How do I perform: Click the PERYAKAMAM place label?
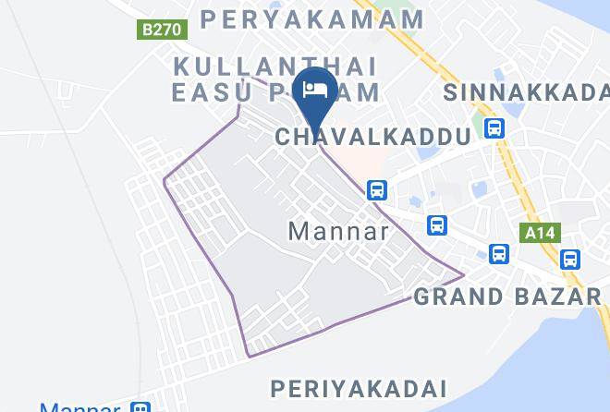coord(312,18)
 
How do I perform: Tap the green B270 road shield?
coord(163,30)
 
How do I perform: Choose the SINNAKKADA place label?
coord(526,92)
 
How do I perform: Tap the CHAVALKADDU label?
coord(373,138)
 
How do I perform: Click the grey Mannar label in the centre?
coord(338,231)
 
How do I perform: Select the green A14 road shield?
coord(541,233)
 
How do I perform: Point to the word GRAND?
coord(455,297)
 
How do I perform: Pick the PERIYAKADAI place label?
coord(359,388)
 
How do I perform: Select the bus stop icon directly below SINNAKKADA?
coord(494,127)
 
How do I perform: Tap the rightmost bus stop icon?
coord(569,260)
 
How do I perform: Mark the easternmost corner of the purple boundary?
coord(463,274)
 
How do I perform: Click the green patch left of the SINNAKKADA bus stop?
coord(477,123)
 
